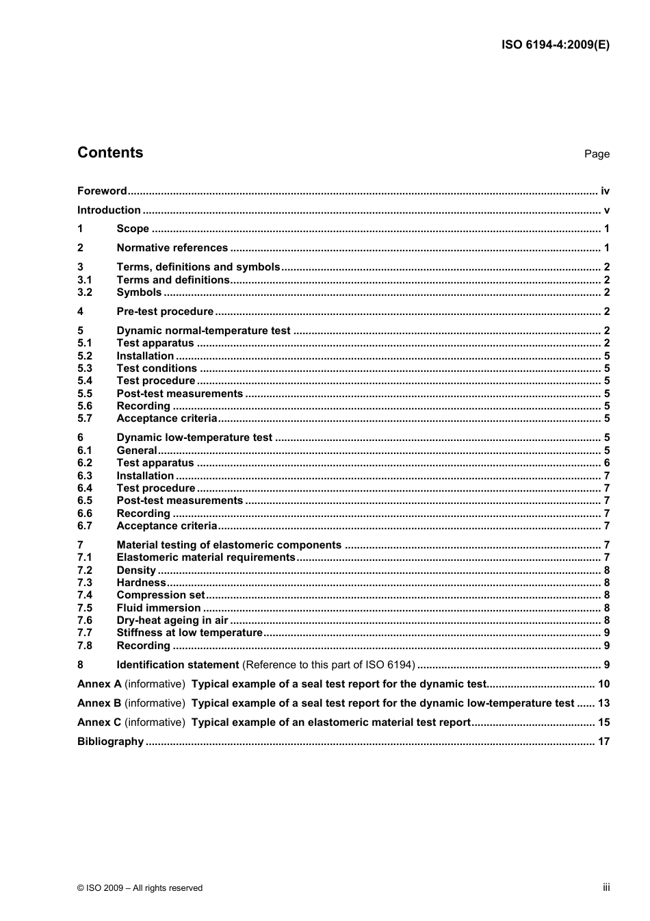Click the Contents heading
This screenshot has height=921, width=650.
[x=110, y=153]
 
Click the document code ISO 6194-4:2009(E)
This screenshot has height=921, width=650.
[x=555, y=45]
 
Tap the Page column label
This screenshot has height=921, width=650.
[x=597, y=154]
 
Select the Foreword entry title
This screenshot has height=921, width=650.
[x=102, y=191]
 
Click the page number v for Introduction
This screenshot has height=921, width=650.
[x=606, y=210]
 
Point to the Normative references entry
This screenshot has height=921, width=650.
[x=172, y=248]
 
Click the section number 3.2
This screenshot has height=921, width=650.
[x=84, y=292]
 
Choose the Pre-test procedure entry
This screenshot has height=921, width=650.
[x=165, y=312]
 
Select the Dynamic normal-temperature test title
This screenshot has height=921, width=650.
[x=203, y=331]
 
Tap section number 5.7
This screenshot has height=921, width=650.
[x=84, y=418]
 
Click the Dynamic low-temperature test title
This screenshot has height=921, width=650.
[x=194, y=438]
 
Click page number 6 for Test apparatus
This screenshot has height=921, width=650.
[x=606, y=463]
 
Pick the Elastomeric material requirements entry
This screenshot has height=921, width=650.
[x=205, y=557]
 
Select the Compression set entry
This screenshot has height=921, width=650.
[x=160, y=595]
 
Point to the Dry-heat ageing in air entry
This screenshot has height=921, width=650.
[x=172, y=620]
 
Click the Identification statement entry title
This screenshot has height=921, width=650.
[x=178, y=665]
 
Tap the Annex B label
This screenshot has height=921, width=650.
[x=99, y=703]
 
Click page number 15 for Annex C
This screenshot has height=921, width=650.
[x=603, y=722]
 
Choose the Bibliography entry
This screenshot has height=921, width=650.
[x=110, y=742]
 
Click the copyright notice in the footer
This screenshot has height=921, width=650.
[x=140, y=888]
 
